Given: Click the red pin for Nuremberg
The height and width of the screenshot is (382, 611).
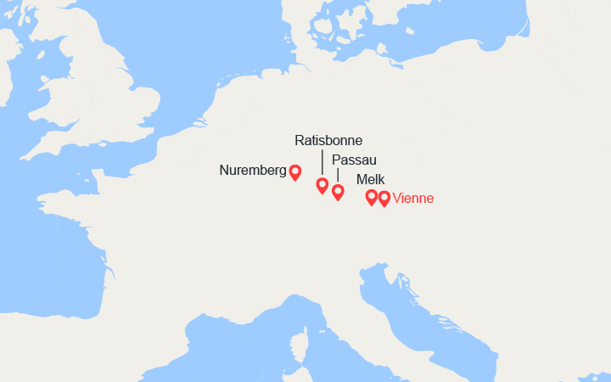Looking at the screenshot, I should [294, 172].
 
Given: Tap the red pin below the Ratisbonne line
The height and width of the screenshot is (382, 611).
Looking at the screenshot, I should [322, 186].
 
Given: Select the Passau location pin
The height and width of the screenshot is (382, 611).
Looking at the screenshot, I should [338, 192].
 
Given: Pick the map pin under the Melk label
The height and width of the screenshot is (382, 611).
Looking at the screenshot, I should [371, 198].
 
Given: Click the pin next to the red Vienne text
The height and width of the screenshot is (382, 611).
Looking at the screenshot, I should [384, 199].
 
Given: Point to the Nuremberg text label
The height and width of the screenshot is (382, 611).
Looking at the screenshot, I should [252, 170].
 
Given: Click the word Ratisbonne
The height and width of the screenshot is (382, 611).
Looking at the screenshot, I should [328, 140].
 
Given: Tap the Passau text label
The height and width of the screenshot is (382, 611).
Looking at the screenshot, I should [354, 160].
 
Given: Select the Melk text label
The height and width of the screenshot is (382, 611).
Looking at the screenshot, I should [370, 179].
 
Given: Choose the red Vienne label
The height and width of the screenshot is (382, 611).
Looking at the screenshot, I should [413, 199].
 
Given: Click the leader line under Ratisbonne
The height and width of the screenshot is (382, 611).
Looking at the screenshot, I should [322, 161].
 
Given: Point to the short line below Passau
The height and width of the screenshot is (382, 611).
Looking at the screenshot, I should [338, 175].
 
